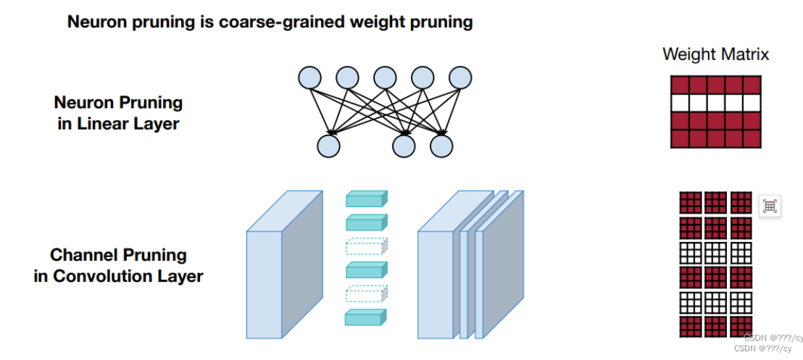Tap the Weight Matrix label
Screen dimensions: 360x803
click(x=715, y=54)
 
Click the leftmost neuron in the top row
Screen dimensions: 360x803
click(x=309, y=77)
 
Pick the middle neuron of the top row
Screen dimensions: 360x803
click(x=385, y=77)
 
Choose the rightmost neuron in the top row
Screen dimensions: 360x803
click(x=460, y=77)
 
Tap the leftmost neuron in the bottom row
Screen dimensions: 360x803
click(x=328, y=146)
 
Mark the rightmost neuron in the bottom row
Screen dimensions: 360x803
click(x=441, y=146)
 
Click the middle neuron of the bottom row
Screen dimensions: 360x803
click(x=404, y=146)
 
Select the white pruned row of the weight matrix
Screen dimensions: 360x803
click(x=715, y=103)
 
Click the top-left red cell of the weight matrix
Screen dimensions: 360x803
click(x=681, y=85)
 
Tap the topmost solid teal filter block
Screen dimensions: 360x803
click(x=366, y=199)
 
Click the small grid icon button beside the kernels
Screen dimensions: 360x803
click(x=770, y=206)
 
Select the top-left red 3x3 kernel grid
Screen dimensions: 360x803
click(x=691, y=203)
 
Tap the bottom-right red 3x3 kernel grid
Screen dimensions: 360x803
click(x=740, y=326)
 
